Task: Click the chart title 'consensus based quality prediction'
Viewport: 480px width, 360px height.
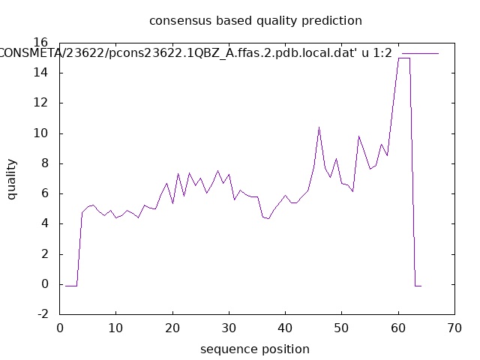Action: [255, 20]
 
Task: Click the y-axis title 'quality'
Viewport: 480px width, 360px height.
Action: [12, 178]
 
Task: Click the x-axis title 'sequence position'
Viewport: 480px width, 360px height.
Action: [255, 349]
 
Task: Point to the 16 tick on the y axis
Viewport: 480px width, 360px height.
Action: [43, 43]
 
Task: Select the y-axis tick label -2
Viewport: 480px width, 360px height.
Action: [43, 314]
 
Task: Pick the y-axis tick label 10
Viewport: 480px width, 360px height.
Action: [43, 133]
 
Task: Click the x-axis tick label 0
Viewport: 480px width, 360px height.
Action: [60, 328]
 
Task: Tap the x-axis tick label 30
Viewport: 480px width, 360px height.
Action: [229, 328]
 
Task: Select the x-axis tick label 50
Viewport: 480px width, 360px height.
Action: [341, 328]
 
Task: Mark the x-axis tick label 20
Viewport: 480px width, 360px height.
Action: [172, 328]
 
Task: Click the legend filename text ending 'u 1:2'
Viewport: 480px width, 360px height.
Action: [196, 53]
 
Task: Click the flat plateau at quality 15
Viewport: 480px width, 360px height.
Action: [403, 58]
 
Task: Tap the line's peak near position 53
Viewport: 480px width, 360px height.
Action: [358, 136]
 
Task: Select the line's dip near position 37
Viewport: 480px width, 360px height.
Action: [268, 218]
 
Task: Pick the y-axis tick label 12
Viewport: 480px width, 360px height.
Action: [43, 103]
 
